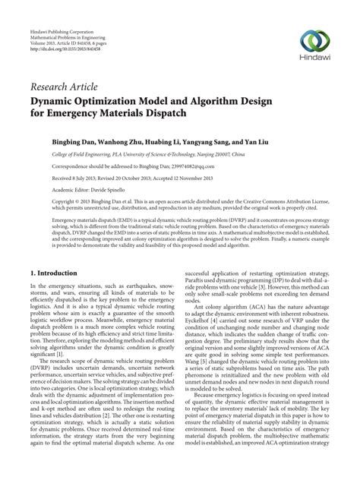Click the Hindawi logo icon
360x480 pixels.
click(314, 39)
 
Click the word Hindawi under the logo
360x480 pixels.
click(314, 57)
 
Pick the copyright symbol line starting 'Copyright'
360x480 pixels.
click(68, 204)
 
